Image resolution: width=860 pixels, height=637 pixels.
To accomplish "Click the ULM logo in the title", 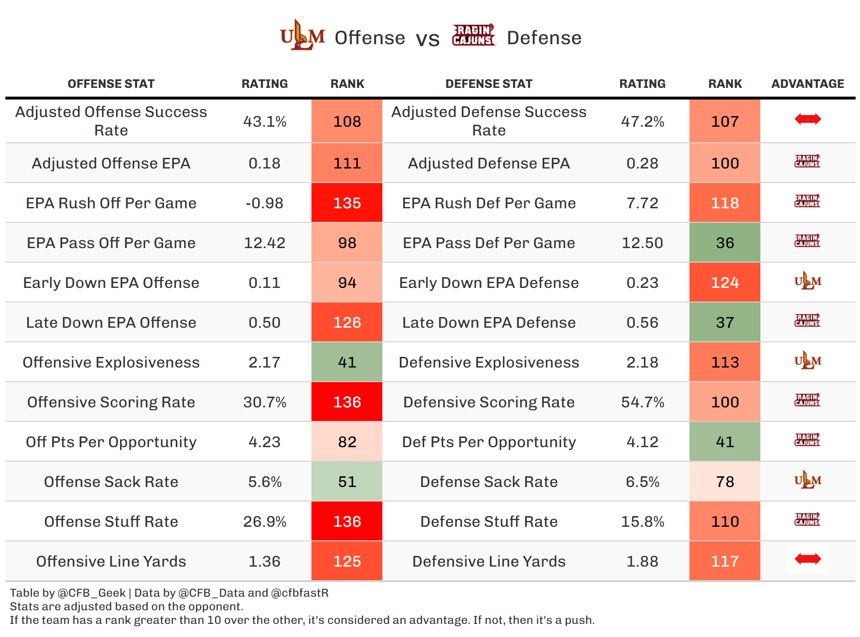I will (302, 36).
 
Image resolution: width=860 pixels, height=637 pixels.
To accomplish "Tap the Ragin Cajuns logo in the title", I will (473, 35).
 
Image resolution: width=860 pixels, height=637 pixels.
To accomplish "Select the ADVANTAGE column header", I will (808, 84).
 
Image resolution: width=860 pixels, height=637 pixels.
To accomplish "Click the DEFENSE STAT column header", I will (489, 84).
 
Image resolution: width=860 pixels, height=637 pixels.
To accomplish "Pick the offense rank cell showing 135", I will (347, 203).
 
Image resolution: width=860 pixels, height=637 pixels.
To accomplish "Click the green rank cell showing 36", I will (724, 243).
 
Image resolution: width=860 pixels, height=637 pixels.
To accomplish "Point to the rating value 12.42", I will (264, 243).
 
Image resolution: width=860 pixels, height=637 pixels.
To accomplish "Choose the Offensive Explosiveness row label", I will (111, 362).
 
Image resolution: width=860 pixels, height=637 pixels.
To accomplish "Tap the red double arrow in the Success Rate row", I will (808, 119).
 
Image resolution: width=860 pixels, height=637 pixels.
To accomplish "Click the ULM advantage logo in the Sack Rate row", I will (808, 480).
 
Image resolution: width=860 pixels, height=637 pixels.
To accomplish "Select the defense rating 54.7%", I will (642, 402).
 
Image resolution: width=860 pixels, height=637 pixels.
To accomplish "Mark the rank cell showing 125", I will (347, 561).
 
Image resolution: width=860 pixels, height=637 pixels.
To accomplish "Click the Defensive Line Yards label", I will (489, 561).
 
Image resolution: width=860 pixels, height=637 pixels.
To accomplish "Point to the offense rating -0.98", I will (264, 203).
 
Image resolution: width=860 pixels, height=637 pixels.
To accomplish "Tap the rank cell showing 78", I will (724, 482).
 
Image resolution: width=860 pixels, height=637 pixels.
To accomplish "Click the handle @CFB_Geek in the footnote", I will (92, 593).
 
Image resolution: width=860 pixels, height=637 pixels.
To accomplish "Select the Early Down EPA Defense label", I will (489, 283).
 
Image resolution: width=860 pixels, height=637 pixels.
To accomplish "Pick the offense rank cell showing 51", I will (347, 482).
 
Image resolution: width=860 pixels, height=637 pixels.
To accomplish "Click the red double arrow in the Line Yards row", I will (808, 559).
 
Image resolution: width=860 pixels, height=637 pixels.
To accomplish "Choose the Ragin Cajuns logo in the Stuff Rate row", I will (808, 520).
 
